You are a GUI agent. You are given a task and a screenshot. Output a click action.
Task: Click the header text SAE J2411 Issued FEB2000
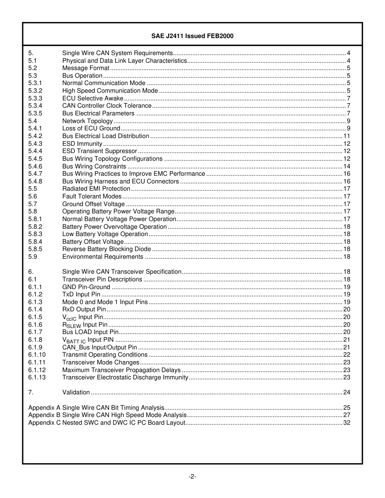(x=192, y=36)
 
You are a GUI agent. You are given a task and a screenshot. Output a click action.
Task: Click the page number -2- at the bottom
(x=192, y=477)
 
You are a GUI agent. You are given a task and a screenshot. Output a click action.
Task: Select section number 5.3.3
(x=35, y=98)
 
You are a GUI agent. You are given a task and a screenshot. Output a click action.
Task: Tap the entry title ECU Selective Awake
(x=92, y=98)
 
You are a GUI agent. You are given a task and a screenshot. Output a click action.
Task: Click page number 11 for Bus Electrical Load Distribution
(x=346, y=136)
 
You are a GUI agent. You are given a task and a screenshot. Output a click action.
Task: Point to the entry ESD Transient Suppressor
(x=99, y=151)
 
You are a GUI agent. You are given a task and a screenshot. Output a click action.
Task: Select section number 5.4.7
(x=35, y=174)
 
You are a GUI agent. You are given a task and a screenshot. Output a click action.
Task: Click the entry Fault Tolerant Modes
(x=92, y=196)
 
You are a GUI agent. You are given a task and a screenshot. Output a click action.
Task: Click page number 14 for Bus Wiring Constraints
(x=346, y=166)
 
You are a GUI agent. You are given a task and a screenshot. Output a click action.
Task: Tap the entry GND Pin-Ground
(x=86, y=287)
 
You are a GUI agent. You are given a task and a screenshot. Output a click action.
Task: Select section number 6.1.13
(x=37, y=377)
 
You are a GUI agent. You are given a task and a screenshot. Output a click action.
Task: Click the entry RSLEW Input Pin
(x=85, y=325)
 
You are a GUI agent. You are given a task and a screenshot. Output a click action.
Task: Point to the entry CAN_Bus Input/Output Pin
(x=99, y=347)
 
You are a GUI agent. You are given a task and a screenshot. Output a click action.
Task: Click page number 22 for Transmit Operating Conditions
(x=346, y=355)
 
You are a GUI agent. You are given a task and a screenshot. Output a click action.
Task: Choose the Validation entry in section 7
(x=76, y=392)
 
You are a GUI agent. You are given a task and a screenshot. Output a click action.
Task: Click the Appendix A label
(x=44, y=408)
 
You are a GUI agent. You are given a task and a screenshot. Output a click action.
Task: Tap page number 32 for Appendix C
(x=346, y=423)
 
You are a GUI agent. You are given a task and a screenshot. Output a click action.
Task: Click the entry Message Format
(x=86, y=68)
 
